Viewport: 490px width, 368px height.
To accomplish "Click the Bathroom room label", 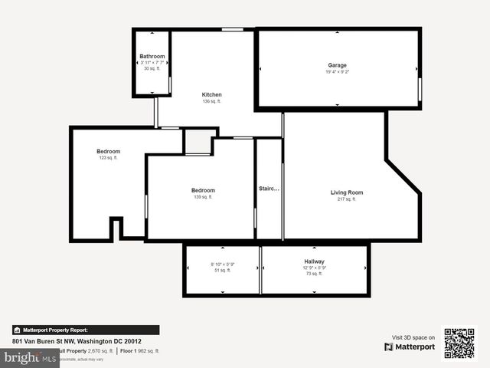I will click(x=152, y=56).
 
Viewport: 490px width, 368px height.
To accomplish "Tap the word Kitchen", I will click(x=211, y=95).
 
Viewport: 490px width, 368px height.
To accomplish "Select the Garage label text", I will click(x=338, y=66).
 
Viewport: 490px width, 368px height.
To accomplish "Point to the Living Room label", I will click(x=347, y=192).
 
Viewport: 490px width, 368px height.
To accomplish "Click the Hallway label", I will click(x=315, y=261).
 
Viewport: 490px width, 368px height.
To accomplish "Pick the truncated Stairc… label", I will click(x=269, y=188).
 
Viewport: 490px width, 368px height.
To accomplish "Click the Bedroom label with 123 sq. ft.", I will click(x=108, y=152).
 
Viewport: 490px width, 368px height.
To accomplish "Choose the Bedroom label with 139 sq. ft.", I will click(x=203, y=190).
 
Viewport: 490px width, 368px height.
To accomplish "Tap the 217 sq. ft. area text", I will click(x=347, y=199).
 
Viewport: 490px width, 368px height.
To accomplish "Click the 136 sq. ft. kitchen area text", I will click(x=211, y=102).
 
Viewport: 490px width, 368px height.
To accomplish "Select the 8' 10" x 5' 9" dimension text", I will click(x=222, y=264).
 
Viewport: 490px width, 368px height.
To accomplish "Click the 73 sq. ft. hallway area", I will click(x=315, y=274).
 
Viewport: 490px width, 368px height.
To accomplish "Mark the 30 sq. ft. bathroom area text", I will click(x=152, y=69).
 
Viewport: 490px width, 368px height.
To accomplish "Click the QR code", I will click(x=459, y=343).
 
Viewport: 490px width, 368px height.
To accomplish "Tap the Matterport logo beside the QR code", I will click(x=410, y=347).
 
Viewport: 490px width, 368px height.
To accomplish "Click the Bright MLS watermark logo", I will click(x=30, y=358).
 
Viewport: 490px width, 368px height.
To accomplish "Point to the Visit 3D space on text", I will click(x=413, y=337).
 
